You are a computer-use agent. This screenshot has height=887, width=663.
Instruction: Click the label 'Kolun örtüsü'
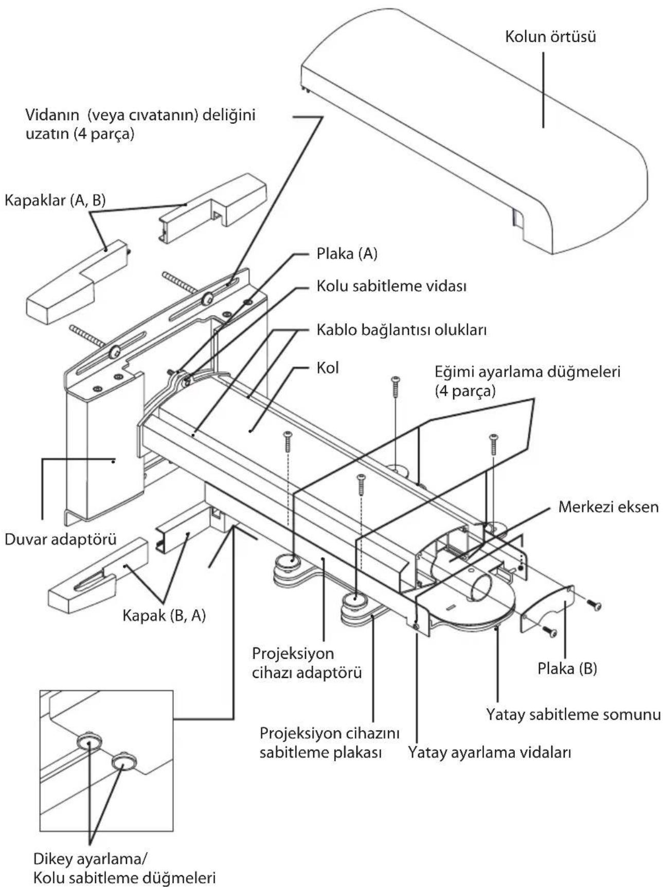[x=550, y=37]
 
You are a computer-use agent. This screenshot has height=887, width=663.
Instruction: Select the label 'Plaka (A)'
[x=347, y=254]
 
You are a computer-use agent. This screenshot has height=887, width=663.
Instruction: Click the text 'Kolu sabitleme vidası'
[x=391, y=286]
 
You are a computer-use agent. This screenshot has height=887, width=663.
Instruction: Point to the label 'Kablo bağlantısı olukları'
[x=401, y=329]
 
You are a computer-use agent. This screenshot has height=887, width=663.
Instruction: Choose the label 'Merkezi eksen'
[x=608, y=507]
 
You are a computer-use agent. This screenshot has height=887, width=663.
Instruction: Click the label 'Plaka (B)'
[x=567, y=669]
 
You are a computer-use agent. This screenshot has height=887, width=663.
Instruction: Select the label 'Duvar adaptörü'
[x=60, y=540]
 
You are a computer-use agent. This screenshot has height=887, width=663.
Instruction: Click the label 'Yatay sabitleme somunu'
[x=573, y=714]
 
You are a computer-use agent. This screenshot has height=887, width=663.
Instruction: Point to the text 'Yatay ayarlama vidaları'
[x=490, y=752]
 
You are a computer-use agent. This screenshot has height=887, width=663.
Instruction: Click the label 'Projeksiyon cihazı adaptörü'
[x=307, y=663]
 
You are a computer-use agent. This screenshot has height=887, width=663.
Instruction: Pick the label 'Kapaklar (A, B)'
[x=55, y=200]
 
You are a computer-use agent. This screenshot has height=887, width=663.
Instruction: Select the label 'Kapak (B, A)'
[x=164, y=615]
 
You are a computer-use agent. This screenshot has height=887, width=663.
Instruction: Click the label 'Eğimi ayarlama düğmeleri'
[x=527, y=380]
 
